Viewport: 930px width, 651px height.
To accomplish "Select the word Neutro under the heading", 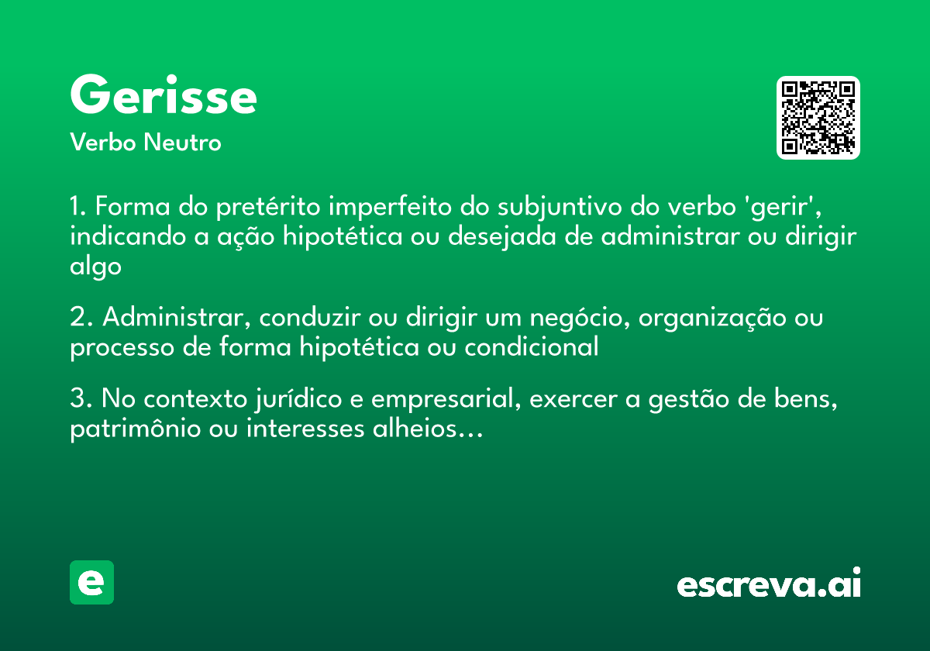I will coord(183,143).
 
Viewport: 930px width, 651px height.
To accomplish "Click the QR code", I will coord(818,118).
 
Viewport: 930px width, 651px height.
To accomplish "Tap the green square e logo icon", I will coord(91,582).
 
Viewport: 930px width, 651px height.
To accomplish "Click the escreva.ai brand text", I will coord(769,584).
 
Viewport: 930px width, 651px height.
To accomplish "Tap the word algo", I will coord(95,266).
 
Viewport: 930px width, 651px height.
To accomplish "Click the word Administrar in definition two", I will coord(174,318).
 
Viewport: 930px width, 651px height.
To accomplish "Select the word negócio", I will coord(568,318).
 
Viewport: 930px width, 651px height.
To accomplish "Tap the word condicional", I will coord(532,347).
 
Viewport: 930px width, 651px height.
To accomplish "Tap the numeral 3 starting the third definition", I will coord(77,400).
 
